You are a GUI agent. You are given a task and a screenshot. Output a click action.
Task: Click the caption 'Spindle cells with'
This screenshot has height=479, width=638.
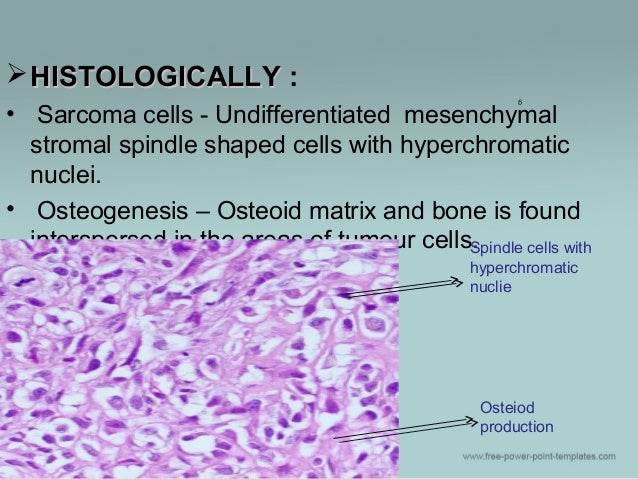pos(530,248)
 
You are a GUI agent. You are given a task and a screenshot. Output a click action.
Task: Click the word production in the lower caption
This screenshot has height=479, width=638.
pos(516,427)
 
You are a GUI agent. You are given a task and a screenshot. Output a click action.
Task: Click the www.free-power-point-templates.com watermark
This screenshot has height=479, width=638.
pos(539,456)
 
